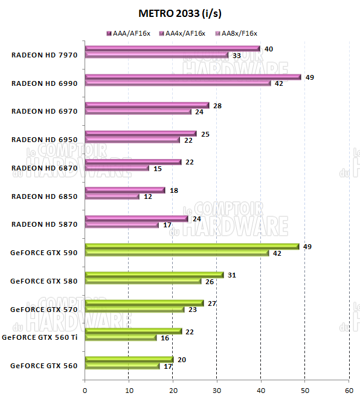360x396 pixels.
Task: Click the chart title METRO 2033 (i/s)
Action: pos(179,13)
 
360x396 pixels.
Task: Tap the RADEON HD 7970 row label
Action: pos(45,55)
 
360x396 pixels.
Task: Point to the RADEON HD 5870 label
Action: pos(45,224)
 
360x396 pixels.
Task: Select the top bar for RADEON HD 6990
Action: pos(193,77)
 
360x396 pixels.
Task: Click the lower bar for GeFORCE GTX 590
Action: pos(176,253)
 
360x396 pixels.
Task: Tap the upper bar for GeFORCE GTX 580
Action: pos(154,274)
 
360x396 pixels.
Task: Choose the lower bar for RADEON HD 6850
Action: pos(112,196)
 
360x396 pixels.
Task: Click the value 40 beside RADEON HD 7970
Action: pos(269,48)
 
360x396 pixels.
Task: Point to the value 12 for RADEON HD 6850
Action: pos(148,196)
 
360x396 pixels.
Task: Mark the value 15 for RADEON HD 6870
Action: pos(157,168)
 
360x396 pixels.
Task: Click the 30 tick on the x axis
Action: pos(216,389)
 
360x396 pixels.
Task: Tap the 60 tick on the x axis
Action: pos(349,389)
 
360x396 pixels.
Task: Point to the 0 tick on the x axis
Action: pos(85,389)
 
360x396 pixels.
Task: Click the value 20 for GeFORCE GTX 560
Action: pos(182,359)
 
